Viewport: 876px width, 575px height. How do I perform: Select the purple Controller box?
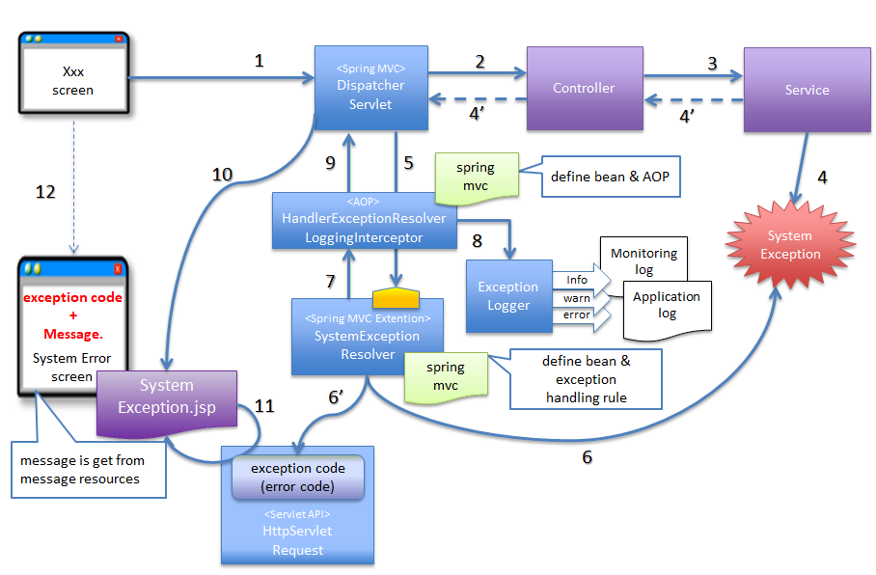[584, 88]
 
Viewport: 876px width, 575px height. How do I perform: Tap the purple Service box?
[807, 90]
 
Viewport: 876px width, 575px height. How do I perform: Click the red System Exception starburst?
[790, 245]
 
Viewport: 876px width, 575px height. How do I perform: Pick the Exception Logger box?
[508, 295]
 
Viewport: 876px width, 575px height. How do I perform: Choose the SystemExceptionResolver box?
[367, 336]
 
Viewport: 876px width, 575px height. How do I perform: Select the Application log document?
[667, 306]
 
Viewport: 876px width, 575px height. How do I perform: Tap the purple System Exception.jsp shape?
[166, 397]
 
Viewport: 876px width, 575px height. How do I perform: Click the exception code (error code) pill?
[298, 476]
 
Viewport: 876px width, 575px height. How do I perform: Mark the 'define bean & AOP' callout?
[609, 177]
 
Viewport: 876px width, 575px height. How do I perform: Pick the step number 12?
[45, 192]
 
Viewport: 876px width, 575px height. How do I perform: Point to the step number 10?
[224, 175]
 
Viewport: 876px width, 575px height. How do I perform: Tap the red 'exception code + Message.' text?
[72, 315]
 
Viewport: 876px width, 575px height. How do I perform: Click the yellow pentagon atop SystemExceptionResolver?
[394, 290]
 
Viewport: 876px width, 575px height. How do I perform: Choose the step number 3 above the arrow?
[712, 64]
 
